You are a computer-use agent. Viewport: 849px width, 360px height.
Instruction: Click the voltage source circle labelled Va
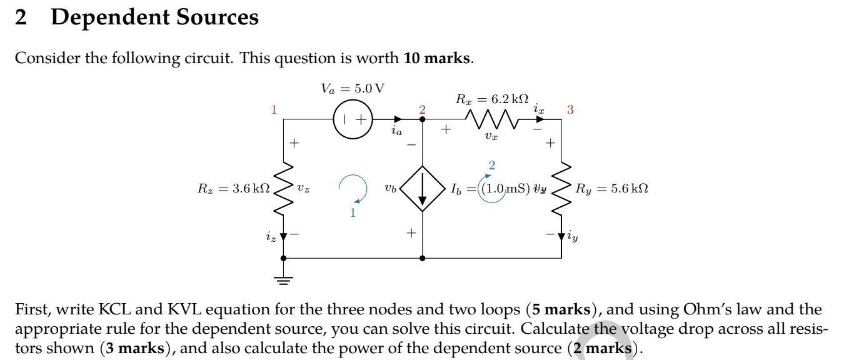(x=353, y=119)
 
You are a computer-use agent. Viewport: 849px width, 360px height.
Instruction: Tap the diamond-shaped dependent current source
(x=423, y=188)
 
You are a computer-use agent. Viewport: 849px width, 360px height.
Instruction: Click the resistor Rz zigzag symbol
(x=284, y=188)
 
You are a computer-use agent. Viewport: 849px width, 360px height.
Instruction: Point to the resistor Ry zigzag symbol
(x=561, y=188)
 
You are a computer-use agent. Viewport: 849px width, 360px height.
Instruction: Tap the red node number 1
(x=273, y=110)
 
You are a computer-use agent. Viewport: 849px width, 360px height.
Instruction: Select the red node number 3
(x=570, y=110)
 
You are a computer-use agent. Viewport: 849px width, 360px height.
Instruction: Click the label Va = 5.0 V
(x=353, y=89)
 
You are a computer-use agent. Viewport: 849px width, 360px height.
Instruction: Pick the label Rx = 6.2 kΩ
(x=492, y=99)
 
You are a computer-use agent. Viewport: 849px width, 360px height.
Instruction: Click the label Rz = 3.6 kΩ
(x=234, y=188)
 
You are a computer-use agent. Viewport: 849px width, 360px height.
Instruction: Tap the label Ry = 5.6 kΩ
(x=611, y=188)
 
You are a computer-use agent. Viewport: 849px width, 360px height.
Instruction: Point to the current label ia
(x=396, y=131)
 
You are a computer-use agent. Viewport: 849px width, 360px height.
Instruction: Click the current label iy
(x=573, y=237)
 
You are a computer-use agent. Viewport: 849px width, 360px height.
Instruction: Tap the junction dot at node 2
(x=423, y=119)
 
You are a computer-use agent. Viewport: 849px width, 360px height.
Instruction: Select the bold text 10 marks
(x=436, y=58)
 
